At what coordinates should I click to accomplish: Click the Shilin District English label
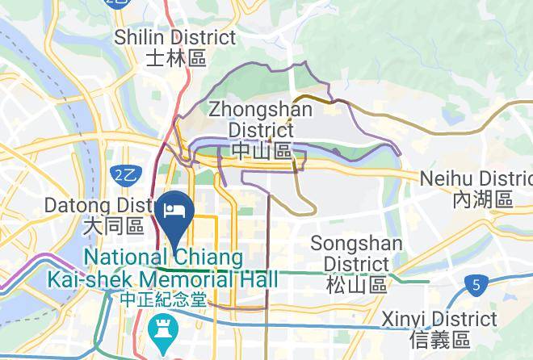(175, 38)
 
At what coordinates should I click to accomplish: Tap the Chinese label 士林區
(176, 58)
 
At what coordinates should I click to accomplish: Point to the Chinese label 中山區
(260, 151)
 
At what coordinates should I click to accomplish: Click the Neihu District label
(476, 178)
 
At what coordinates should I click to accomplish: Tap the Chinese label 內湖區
(483, 199)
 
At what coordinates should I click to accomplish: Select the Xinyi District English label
(439, 318)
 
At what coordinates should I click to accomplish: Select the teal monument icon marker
(162, 329)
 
